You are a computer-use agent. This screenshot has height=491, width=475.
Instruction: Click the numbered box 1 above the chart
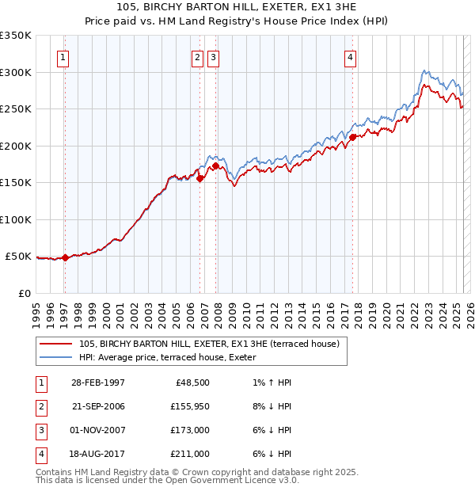(x=63, y=57)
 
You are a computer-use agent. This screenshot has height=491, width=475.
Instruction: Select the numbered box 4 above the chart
(x=350, y=57)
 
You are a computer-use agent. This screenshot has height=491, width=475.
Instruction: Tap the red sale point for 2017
(x=352, y=137)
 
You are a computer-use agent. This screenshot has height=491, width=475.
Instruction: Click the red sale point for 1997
(x=66, y=257)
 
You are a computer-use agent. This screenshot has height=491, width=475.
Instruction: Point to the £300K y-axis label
(x=16, y=72)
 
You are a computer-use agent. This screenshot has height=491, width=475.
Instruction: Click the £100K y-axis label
(x=16, y=219)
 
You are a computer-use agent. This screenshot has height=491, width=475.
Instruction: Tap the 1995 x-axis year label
(x=36, y=309)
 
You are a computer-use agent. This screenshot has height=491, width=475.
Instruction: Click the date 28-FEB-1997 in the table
(x=98, y=383)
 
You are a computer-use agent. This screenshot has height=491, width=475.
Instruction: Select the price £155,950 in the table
(x=188, y=406)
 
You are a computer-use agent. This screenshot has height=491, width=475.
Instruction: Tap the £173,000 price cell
(x=188, y=430)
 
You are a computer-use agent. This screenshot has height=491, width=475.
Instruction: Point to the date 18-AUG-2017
(x=98, y=454)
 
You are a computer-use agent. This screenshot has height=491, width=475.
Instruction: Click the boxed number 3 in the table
(x=40, y=430)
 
